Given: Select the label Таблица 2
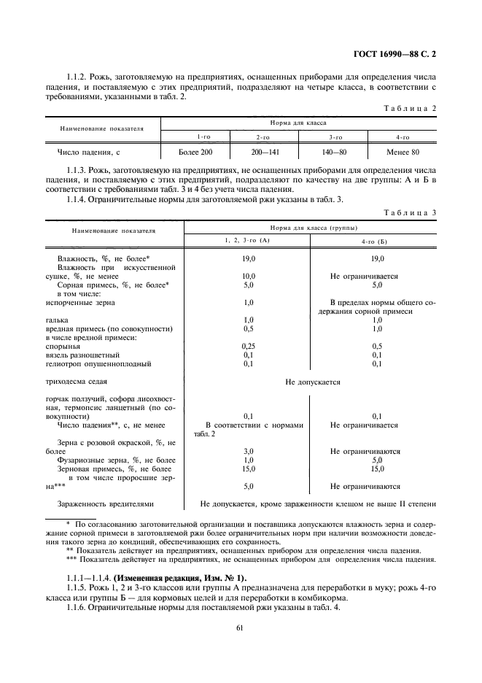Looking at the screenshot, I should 410,108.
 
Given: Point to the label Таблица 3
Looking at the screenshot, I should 410,212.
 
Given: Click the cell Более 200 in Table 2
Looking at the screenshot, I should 195,153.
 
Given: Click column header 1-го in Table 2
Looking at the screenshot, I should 195,137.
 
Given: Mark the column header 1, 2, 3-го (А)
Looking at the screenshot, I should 247,241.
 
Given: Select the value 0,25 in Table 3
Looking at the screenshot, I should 248,346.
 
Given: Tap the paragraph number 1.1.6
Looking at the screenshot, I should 78,607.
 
